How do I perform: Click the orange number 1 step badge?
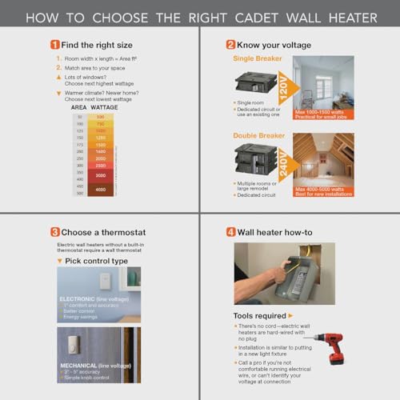coord(55,45)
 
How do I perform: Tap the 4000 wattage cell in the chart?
coord(100,190)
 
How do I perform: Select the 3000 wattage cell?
coord(100,174)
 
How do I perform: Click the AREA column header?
coord(79,105)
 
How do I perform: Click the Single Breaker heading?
coord(258,58)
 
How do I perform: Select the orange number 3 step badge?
coord(55,232)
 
